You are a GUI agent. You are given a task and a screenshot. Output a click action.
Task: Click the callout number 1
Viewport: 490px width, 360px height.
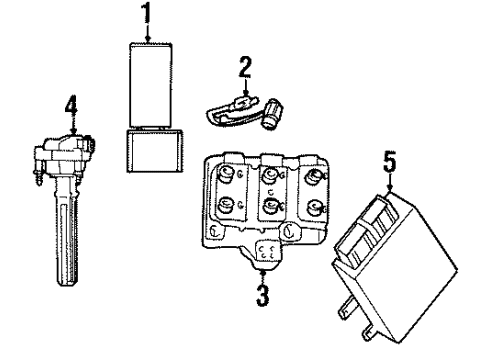point(147,15)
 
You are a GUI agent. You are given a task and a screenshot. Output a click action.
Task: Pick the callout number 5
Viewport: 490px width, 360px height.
point(389,160)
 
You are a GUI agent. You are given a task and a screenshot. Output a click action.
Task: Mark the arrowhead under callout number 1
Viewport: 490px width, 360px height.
point(147,39)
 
